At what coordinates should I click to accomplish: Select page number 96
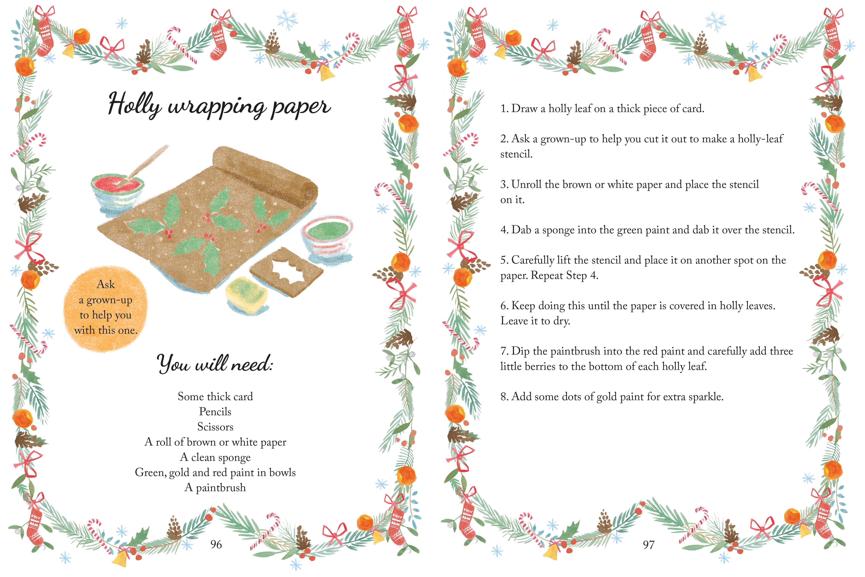coord(216,544)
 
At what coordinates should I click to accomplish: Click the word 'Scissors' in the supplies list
coord(215,427)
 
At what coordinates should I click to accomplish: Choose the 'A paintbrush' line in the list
coord(215,488)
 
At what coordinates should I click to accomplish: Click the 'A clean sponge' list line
coord(215,457)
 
